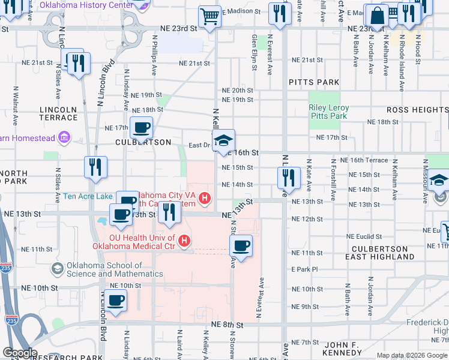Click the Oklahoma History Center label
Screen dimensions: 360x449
click(x=86, y=5)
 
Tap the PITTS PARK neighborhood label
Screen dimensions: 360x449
click(x=313, y=82)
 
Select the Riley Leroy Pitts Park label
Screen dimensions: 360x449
click(x=328, y=112)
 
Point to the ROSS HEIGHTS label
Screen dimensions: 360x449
click(x=417, y=110)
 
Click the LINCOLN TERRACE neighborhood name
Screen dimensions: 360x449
click(x=58, y=113)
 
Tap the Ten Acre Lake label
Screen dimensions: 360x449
click(x=88, y=196)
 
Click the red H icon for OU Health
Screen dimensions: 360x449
click(x=184, y=242)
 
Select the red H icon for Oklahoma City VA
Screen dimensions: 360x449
click(x=205, y=197)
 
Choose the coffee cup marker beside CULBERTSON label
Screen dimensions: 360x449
click(x=142, y=128)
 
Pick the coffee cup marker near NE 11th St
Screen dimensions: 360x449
click(x=241, y=246)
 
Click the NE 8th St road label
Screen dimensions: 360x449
click(x=227, y=325)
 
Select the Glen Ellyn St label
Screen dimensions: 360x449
click(x=255, y=53)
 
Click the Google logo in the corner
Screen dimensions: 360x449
click(x=19, y=353)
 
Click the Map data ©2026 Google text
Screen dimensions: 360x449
click(x=411, y=355)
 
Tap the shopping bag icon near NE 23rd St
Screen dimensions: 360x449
click(x=377, y=16)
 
